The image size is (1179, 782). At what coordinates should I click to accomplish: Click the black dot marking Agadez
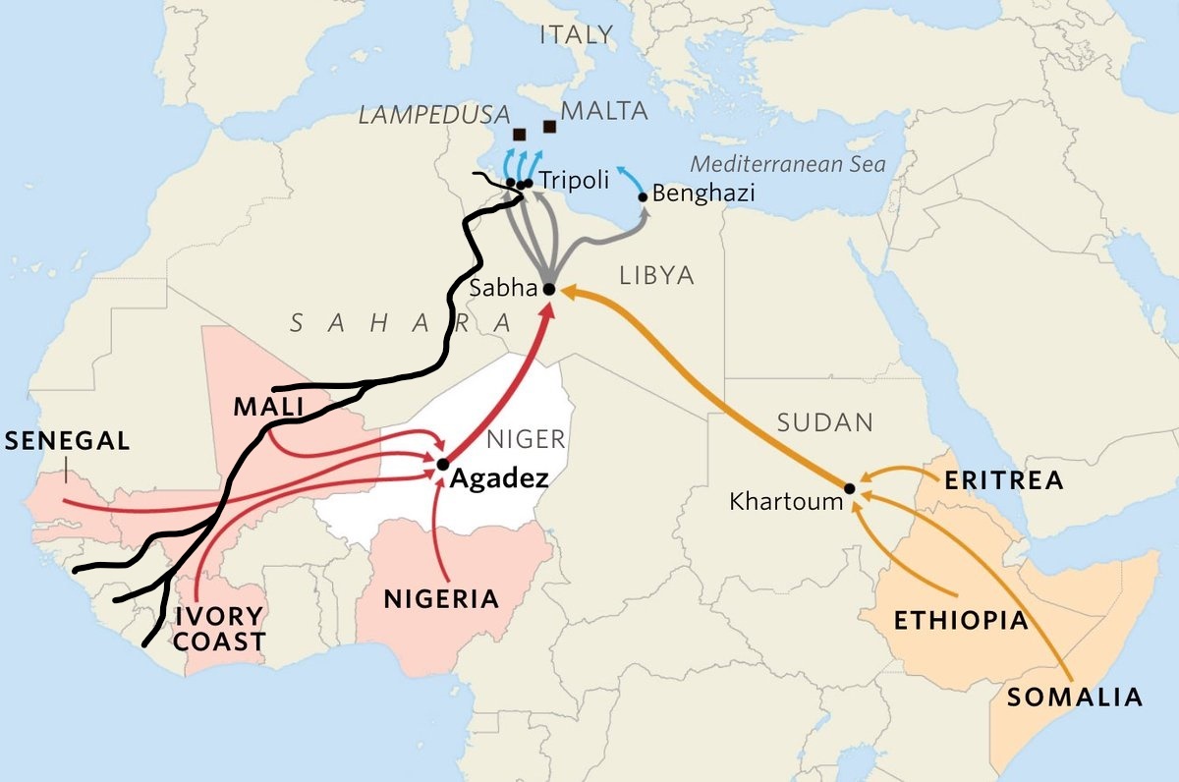tap(443, 464)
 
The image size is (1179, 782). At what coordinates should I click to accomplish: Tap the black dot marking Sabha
tap(549, 289)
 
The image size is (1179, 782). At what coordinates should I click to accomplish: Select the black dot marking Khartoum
tap(850, 487)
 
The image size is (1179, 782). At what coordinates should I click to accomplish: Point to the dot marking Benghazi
tap(645, 197)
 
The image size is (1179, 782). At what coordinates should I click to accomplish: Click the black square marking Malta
tap(549, 126)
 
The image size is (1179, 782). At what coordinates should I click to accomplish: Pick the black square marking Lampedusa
tap(519, 134)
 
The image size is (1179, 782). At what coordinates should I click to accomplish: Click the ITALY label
tap(576, 35)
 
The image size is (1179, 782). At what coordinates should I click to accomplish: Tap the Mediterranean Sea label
tap(788, 164)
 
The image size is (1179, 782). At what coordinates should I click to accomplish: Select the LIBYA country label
tap(656, 276)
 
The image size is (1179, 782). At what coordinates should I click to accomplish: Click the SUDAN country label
tap(824, 423)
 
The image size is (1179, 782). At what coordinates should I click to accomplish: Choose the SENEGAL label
tap(67, 441)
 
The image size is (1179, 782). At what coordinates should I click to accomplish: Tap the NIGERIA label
tap(441, 598)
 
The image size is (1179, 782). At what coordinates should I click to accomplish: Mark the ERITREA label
tap(1003, 480)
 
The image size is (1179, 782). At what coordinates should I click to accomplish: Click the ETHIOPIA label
tap(960, 621)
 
